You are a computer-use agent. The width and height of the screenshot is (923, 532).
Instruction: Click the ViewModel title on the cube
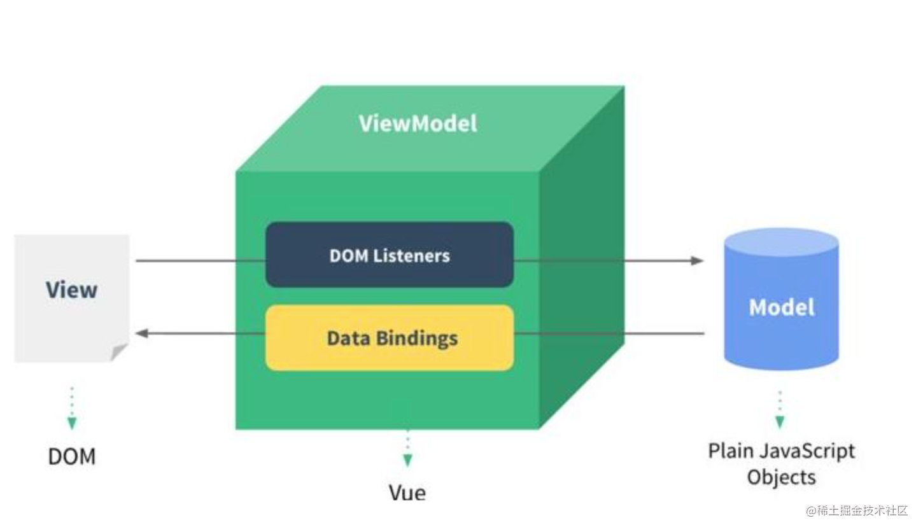coord(418,123)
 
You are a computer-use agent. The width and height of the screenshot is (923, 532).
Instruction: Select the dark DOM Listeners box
coord(389,255)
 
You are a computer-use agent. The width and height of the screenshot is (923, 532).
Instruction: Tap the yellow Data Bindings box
coord(389,337)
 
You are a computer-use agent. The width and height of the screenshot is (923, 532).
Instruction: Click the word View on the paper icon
coord(71,290)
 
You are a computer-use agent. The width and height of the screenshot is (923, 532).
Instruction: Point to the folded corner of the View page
coord(119,352)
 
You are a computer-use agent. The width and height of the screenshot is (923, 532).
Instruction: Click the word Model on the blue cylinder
coord(781,307)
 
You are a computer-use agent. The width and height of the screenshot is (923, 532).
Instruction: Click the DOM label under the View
coord(71,456)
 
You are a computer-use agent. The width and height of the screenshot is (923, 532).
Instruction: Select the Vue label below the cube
coord(407,492)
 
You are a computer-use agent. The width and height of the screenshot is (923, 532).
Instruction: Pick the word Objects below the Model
coord(781,477)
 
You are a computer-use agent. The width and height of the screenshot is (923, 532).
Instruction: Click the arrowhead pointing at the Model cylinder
coord(697,260)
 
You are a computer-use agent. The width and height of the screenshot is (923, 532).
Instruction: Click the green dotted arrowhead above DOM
coord(72,423)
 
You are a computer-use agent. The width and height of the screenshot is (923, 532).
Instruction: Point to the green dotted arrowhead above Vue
coord(407,459)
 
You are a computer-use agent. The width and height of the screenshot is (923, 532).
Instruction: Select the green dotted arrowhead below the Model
coord(780,421)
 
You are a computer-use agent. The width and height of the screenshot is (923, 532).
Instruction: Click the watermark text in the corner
coord(857,511)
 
